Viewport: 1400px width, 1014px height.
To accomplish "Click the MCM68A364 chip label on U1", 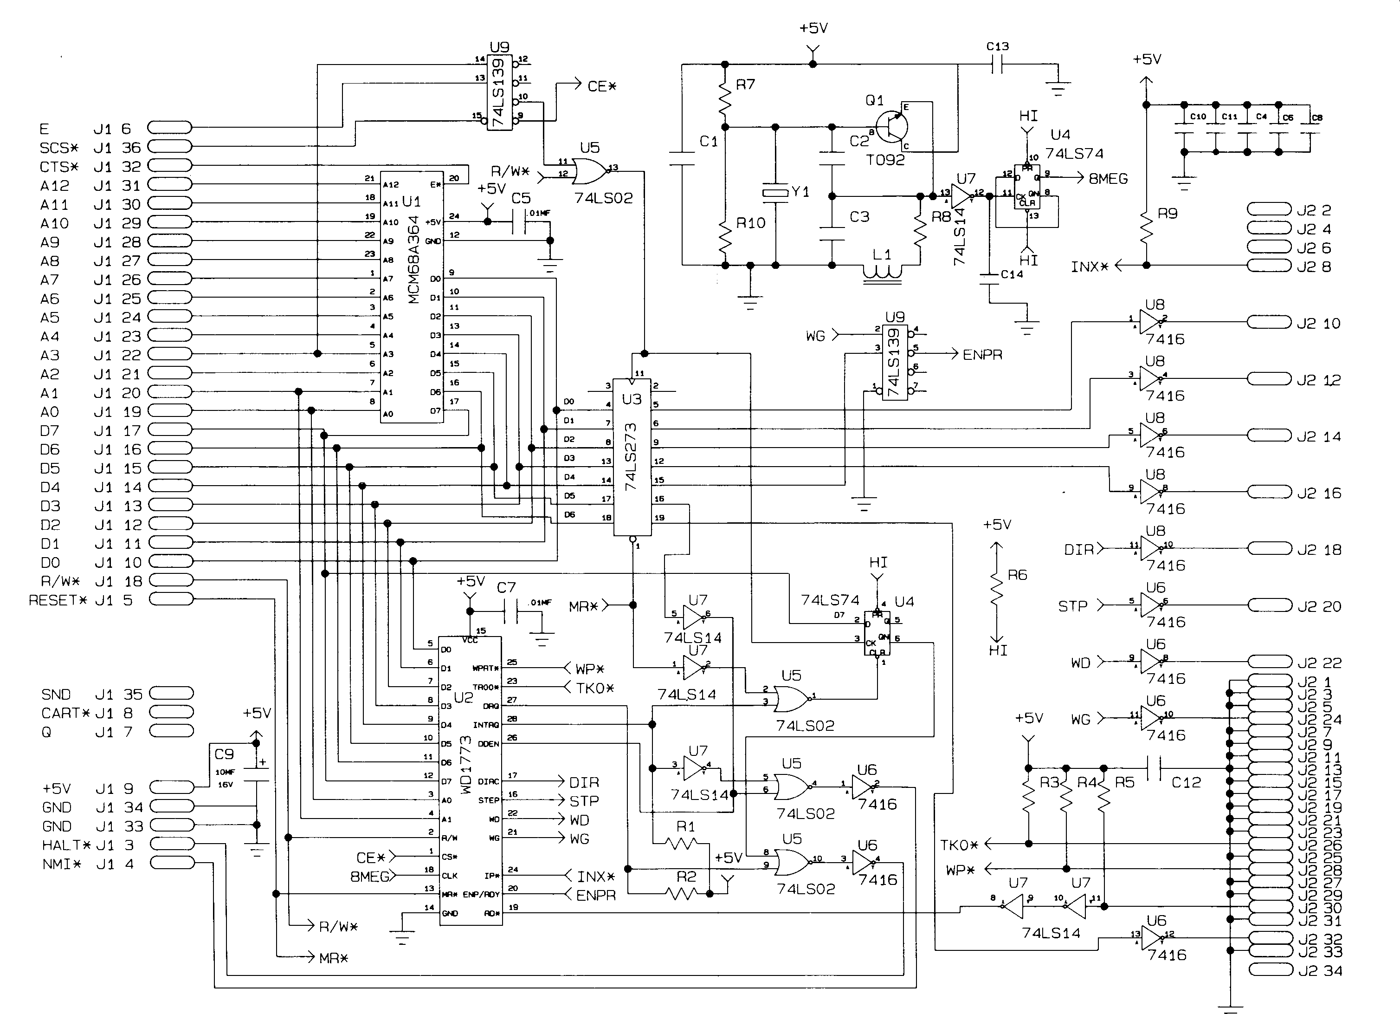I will tap(413, 260).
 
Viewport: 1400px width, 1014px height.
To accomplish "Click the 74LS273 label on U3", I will tap(630, 457).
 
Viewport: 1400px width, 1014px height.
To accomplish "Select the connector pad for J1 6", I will tap(170, 128).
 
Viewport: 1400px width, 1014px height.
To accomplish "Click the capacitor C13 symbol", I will tap(997, 64).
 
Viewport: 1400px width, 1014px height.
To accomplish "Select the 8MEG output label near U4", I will tap(1108, 178).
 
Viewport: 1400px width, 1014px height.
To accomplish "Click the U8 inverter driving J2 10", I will tap(1151, 322).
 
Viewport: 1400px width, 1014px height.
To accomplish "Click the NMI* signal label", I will tap(62, 864).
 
